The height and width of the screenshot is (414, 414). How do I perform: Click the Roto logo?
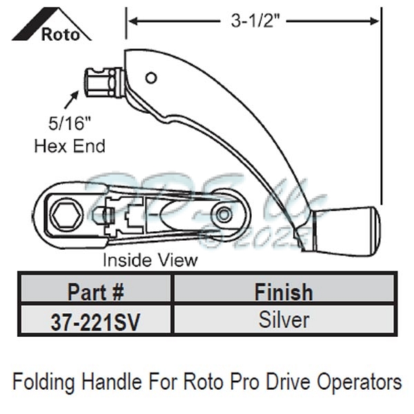pyautogui.click(x=52, y=26)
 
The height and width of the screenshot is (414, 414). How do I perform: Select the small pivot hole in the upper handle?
pyautogui.click(x=152, y=77)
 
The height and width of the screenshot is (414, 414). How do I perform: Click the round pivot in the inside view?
pyautogui.click(x=222, y=214)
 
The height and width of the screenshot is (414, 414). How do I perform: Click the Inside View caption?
pyautogui.click(x=150, y=261)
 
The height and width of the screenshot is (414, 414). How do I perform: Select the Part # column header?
pyautogui.click(x=96, y=291)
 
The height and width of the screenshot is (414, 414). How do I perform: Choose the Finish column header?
pyautogui.click(x=283, y=291)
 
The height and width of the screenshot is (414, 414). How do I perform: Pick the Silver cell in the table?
pyautogui.click(x=283, y=320)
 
